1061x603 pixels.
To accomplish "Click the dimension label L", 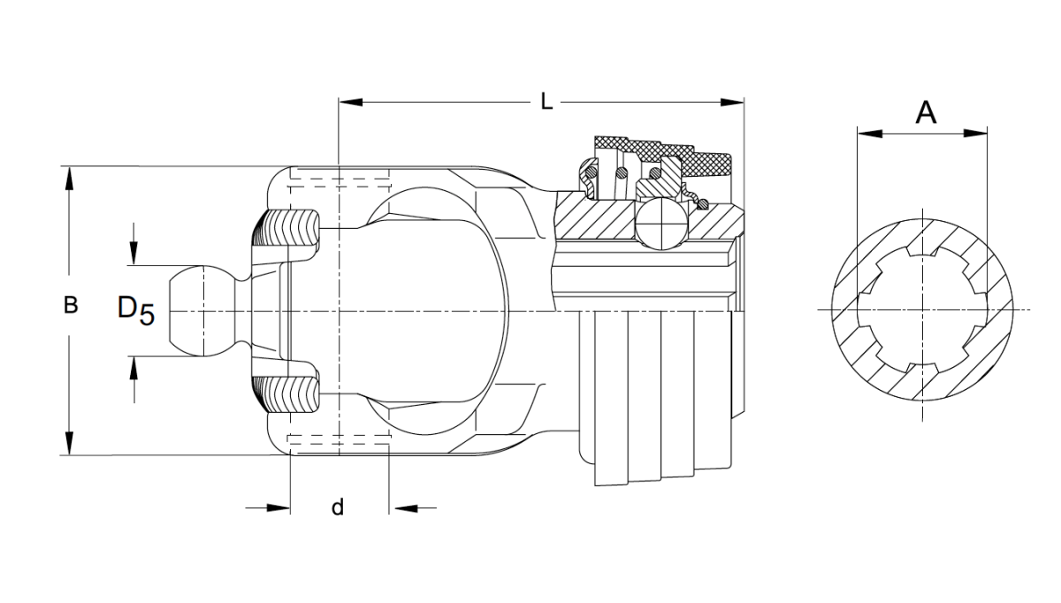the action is coord(546,102).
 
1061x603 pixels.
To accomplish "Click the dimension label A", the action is coord(926,113).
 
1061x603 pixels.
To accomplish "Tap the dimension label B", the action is coord(71,305).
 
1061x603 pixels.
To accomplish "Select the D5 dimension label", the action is coord(136,309).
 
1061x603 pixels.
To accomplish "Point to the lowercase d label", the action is coord(337,507).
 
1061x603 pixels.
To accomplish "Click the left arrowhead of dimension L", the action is coord(350,102).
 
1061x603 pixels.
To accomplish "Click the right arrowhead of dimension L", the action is coord(732,102).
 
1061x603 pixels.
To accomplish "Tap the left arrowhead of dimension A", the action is coord(870,134).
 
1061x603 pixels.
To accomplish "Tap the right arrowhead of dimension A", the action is coord(976,134).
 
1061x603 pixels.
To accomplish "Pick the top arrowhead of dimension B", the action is coord(70,179).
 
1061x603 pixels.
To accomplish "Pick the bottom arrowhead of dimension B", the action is coord(70,443).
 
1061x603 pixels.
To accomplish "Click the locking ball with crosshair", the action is coord(660,223).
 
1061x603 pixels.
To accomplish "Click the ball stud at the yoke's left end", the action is coord(202,310).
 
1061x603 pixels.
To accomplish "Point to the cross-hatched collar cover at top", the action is coord(663,156).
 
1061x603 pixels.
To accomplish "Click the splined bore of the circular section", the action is coord(922,309).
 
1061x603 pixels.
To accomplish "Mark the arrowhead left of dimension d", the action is coord(279,508).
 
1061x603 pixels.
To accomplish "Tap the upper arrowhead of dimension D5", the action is coord(134,254).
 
